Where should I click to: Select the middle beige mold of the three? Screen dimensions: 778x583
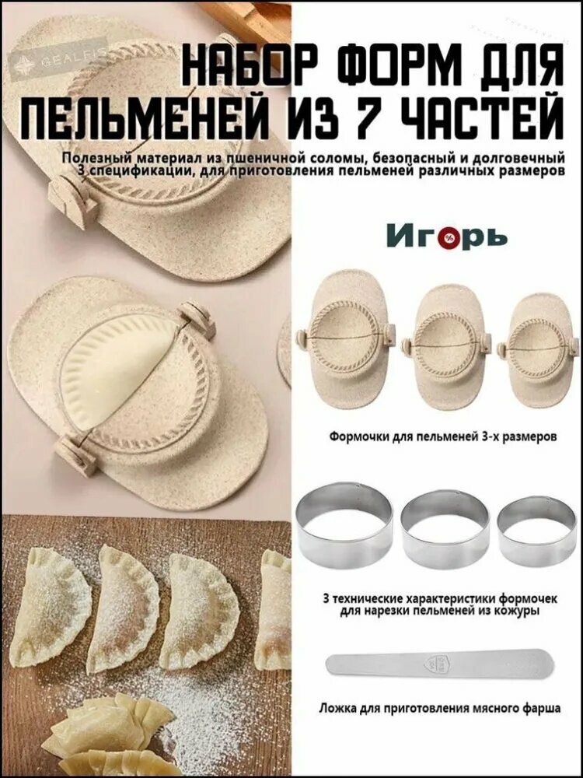tap(445, 342)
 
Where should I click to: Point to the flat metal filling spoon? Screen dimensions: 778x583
tap(439, 664)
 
